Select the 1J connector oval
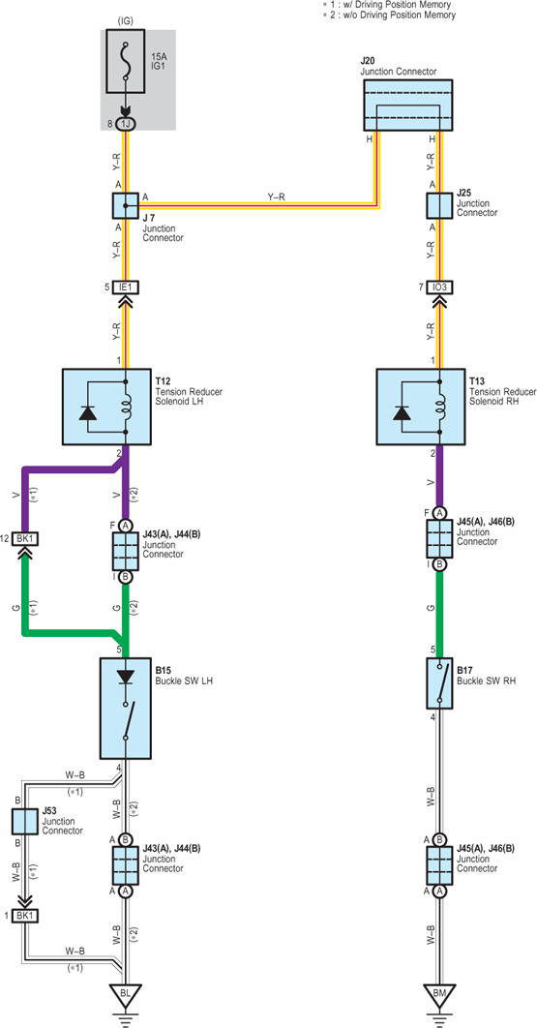125,123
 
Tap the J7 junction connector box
125,205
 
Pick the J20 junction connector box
407,105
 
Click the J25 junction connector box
439,205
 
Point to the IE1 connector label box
125,287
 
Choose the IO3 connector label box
439,287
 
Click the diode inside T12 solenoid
88,413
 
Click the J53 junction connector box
23,821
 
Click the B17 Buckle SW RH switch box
439,683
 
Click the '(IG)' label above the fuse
125,20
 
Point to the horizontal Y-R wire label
276,196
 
